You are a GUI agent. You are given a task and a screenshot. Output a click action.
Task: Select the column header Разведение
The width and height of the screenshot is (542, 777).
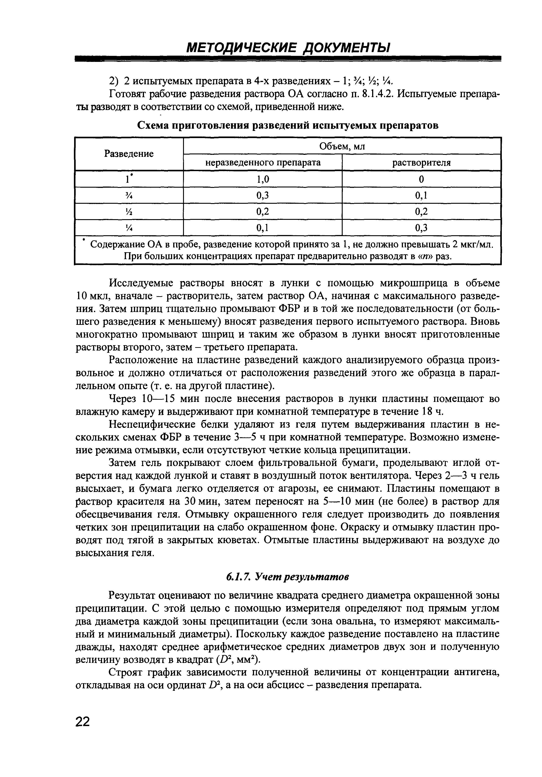pos(129,154)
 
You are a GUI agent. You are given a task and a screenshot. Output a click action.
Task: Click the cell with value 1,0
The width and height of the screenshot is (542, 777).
pos(263,179)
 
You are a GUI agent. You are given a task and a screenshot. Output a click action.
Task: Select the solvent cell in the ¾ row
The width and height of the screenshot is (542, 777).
pos(421,195)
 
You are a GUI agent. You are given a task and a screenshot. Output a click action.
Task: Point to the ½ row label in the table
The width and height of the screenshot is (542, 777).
pos(129,212)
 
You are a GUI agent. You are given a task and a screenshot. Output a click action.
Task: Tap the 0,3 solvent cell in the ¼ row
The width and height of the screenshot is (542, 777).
pos(421,228)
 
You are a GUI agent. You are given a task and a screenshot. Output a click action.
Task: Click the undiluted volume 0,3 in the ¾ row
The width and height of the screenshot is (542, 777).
pos(263,195)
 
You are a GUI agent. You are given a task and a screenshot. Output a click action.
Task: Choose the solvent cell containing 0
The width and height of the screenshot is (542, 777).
pos(421,179)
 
